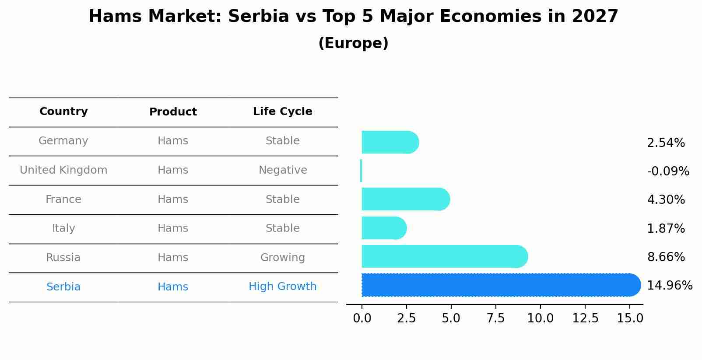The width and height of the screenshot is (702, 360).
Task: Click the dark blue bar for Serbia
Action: pos(499,285)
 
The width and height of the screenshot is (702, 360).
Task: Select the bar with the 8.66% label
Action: pos(442,256)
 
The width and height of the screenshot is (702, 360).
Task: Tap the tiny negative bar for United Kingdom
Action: pos(361,171)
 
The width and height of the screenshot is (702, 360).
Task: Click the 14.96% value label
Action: pos(669,286)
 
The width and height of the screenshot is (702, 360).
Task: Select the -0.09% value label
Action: pos(668,171)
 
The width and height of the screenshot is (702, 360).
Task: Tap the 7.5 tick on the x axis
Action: pos(495,318)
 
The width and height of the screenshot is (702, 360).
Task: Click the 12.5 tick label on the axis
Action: pos(585,318)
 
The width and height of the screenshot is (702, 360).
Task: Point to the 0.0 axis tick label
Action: pos(362,318)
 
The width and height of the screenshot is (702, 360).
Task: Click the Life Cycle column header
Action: pos(282,112)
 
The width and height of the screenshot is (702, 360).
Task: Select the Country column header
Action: pos(63,112)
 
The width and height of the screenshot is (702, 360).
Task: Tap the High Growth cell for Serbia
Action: pos(282,287)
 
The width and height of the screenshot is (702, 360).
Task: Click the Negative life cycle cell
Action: pos(282,170)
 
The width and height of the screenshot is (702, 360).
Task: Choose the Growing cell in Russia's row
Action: pos(282,258)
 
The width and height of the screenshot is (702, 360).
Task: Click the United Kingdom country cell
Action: pos(63,170)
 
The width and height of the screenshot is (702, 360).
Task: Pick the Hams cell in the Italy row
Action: pos(173,228)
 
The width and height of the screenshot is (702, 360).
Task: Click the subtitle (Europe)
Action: pos(353,43)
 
